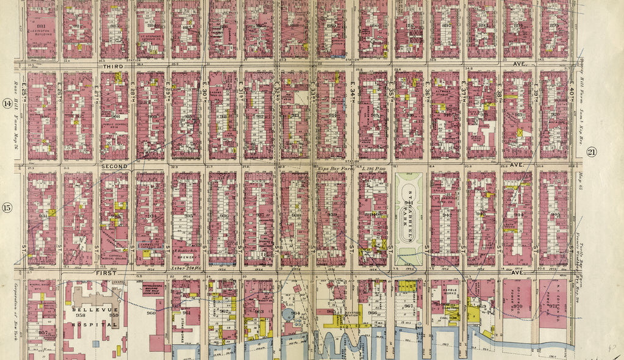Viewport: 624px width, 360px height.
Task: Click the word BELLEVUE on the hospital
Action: click(x=90, y=310)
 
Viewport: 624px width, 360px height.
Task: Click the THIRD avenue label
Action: click(x=113, y=67)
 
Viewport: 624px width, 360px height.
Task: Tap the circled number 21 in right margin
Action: click(x=590, y=153)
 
